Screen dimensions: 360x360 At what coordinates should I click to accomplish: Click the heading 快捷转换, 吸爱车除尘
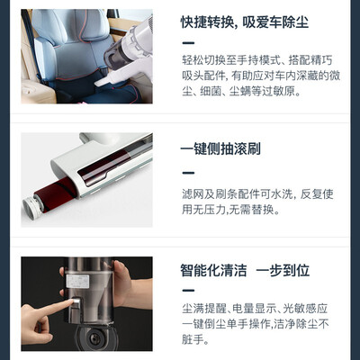(x=245, y=22)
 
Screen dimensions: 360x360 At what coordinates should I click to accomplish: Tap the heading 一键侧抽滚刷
(x=220, y=148)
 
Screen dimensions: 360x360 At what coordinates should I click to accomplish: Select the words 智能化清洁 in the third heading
(x=213, y=270)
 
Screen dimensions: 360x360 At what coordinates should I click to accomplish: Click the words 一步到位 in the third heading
(x=283, y=270)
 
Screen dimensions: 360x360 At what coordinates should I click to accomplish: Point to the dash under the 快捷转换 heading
(x=188, y=43)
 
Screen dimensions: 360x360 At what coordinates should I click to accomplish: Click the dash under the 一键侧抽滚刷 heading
(x=188, y=173)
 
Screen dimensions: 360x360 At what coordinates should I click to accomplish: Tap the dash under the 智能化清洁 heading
(x=188, y=291)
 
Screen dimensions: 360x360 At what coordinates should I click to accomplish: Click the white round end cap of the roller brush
(x=31, y=205)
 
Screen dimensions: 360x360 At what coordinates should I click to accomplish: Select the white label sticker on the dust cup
(x=77, y=282)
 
